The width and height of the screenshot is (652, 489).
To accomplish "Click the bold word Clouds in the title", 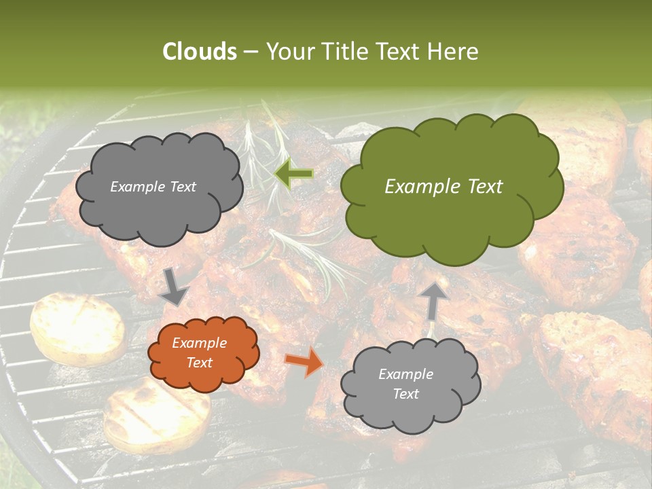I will click(200, 52).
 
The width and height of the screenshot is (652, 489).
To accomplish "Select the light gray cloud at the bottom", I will click(410, 410).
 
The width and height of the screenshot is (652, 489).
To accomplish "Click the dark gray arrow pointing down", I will click(174, 286).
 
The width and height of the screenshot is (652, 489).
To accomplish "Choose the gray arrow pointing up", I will click(433, 300).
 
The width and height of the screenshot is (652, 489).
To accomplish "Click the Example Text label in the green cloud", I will click(443, 187).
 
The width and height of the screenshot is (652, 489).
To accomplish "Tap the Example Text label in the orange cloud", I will click(200, 353).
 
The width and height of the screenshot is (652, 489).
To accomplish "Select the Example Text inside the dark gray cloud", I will click(153, 187).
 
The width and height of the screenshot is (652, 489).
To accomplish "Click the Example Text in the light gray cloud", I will click(405, 384).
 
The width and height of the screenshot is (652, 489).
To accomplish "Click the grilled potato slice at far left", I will click(77, 329).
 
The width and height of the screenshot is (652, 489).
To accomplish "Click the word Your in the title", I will click(287, 52).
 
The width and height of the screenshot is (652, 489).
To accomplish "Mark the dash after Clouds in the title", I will click(251, 52).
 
